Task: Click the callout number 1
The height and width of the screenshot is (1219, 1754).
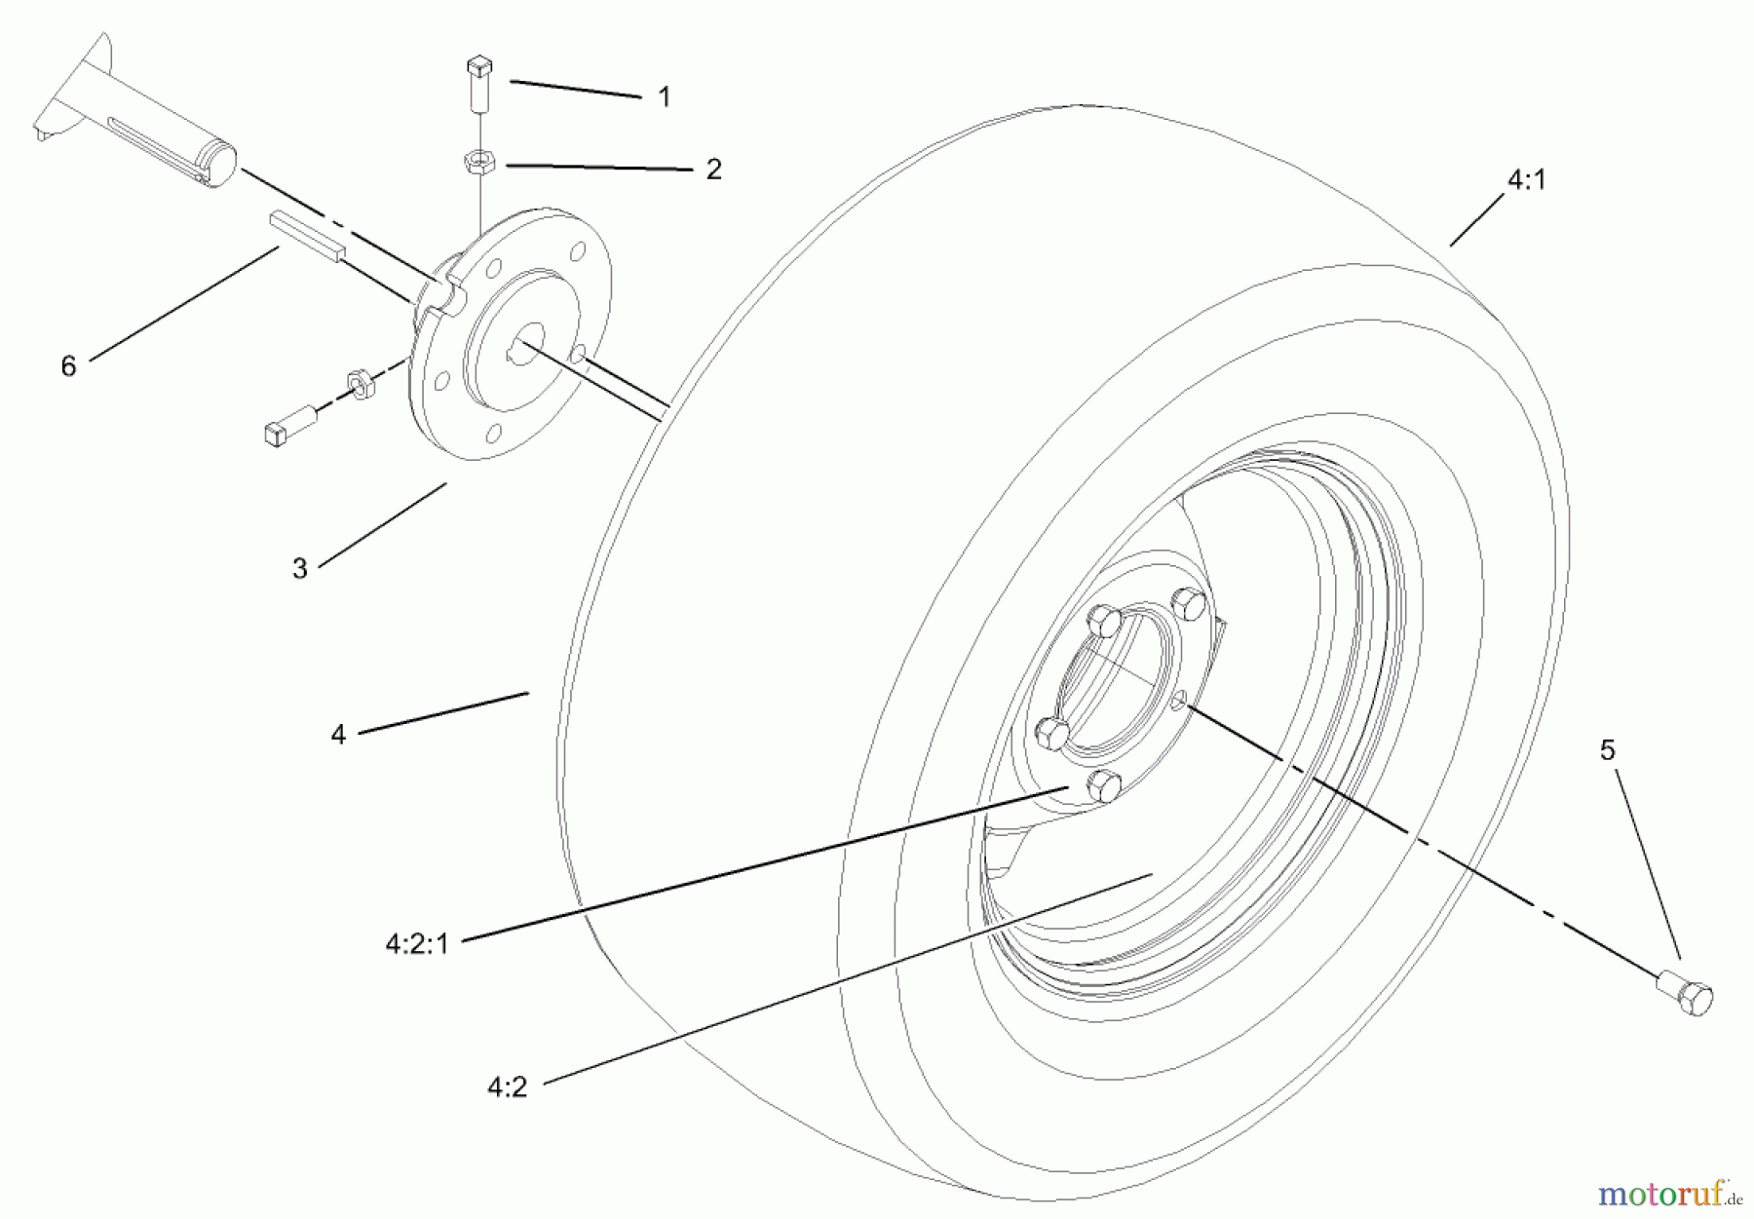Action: coord(664,97)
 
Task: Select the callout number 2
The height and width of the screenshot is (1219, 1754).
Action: coord(713,170)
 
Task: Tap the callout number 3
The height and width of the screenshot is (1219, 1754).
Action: coord(299,569)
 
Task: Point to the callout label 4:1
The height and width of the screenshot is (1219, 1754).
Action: coord(1526,180)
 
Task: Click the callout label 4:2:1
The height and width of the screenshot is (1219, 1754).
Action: coord(417,944)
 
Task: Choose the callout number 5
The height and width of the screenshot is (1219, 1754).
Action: coord(1607,750)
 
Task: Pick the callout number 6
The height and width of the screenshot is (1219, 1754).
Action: coord(68,367)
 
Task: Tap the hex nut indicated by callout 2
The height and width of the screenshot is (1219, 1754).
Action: coord(479,161)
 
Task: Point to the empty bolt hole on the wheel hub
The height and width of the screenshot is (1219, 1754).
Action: coord(1178,700)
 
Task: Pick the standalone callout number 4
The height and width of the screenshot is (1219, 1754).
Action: coord(338,735)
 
